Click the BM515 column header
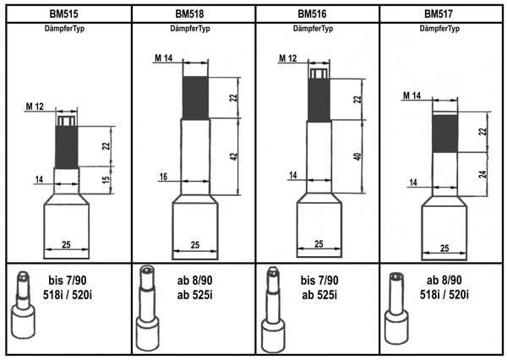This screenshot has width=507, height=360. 63,14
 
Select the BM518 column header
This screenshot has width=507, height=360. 189,14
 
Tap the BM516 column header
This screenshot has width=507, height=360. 312,14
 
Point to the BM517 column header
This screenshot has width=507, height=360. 439,14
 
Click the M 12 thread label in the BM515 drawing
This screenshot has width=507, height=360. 35,106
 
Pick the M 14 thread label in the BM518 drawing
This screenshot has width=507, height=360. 164,58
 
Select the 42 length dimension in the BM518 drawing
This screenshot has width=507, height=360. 234,156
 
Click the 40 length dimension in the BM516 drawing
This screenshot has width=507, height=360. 357,156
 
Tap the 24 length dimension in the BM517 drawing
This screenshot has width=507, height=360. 482,174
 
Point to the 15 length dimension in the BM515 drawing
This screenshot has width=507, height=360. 106,180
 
